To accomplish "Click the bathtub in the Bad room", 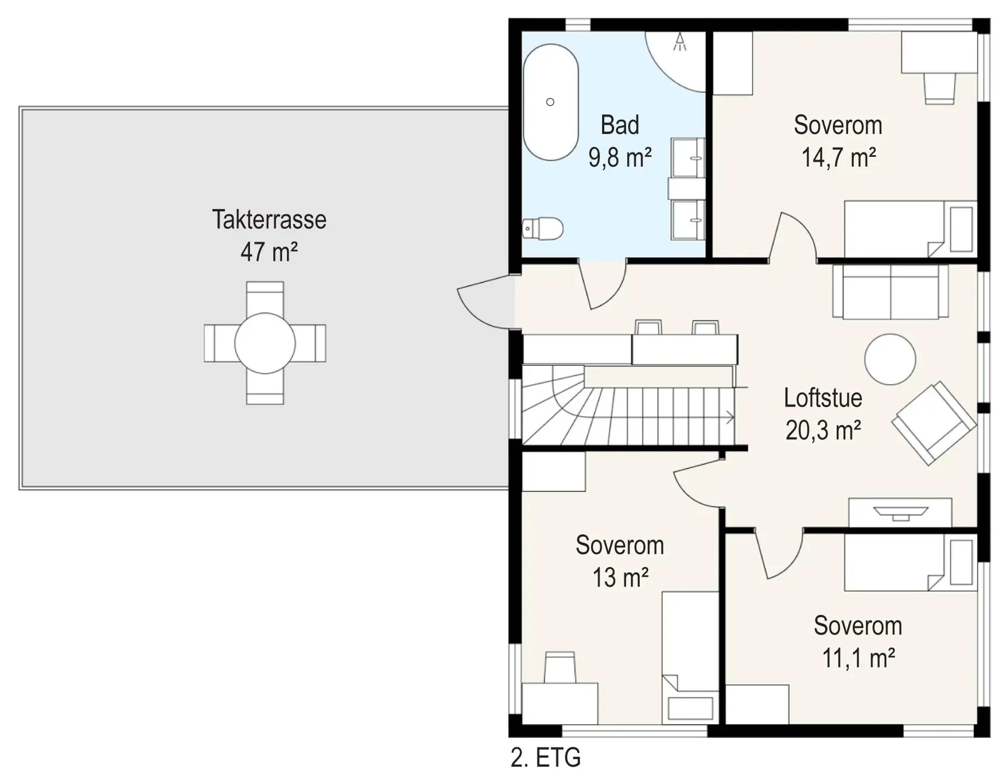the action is coord(550,102).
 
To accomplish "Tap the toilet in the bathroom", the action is coord(543,229).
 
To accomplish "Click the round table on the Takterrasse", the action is coord(265,343).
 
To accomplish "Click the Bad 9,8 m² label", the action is coord(620,141).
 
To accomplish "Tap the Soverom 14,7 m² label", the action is coord(838,141).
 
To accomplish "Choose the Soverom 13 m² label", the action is coord(620,561).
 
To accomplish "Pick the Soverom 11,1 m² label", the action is coord(858,642).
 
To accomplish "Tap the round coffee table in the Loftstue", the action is coord(890,359).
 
